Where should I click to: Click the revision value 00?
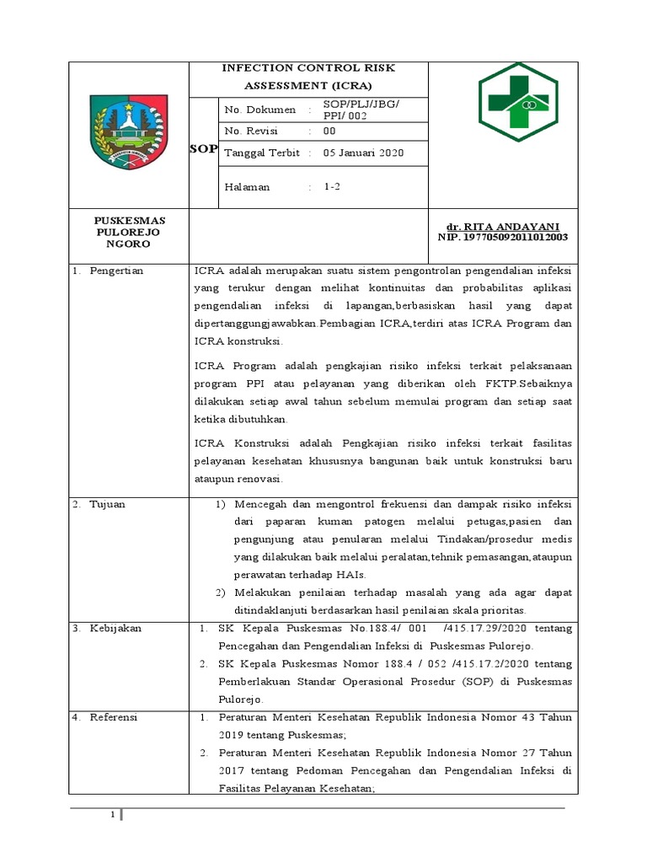click(329, 131)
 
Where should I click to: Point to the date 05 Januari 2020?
click(364, 153)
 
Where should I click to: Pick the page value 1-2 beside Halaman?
click(332, 187)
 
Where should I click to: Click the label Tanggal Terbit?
click(259, 153)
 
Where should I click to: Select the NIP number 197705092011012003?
click(503, 238)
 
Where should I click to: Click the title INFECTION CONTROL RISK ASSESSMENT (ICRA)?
click(307, 77)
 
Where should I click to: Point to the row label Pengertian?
click(116, 271)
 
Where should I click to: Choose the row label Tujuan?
click(110, 504)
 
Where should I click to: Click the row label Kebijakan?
click(116, 629)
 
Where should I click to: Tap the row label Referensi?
click(115, 717)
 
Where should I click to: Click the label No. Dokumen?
click(260, 110)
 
